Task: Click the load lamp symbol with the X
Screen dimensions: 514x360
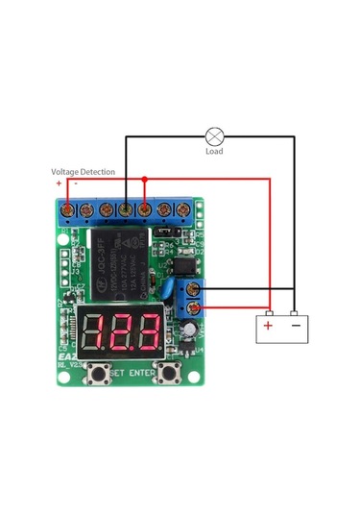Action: tap(214, 135)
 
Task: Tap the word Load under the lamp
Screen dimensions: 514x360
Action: tap(215, 152)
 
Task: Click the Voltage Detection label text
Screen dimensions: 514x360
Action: tap(84, 172)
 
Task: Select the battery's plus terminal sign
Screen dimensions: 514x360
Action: tap(268, 326)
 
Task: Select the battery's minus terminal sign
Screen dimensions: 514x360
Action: tap(295, 326)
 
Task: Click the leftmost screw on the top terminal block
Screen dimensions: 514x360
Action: tap(68, 208)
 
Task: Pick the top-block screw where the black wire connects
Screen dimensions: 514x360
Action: tap(126, 208)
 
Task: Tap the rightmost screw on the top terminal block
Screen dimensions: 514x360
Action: tap(183, 208)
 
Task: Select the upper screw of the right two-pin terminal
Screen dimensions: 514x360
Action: tap(196, 288)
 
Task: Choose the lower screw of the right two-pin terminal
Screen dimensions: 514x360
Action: tap(196, 307)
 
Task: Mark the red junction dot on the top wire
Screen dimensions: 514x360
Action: tap(144, 178)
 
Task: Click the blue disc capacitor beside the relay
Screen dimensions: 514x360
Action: tap(169, 287)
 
